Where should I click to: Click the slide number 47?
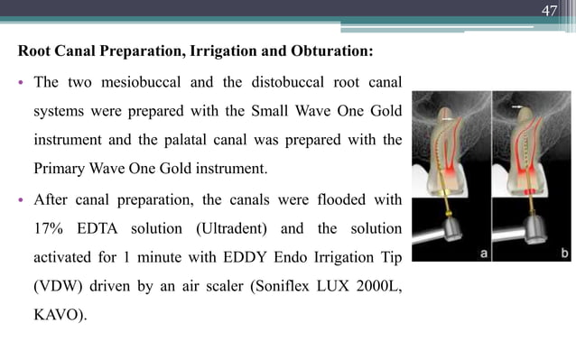549,11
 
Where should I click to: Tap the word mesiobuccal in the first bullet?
145,84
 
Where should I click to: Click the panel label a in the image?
484,254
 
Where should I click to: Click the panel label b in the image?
563,254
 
